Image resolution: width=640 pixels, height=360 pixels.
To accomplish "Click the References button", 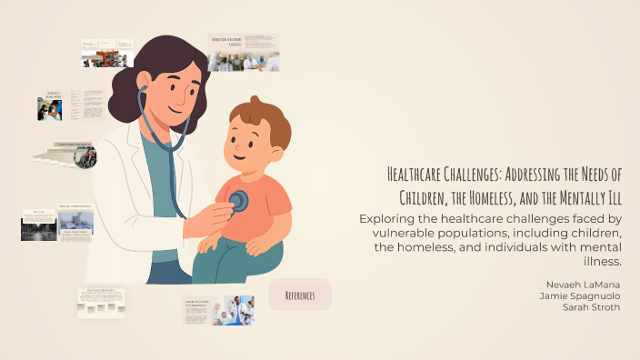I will (300, 295).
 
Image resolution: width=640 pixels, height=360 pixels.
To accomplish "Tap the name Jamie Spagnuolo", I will (581, 295).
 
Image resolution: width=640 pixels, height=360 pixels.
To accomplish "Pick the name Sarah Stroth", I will (590, 307).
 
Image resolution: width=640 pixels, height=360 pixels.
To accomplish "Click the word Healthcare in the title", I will (420, 175).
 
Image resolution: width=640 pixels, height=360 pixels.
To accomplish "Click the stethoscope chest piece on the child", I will (238, 201).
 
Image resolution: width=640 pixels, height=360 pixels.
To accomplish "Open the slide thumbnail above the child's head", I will (243, 53).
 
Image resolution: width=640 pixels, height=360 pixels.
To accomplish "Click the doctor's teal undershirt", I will (164, 182).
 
